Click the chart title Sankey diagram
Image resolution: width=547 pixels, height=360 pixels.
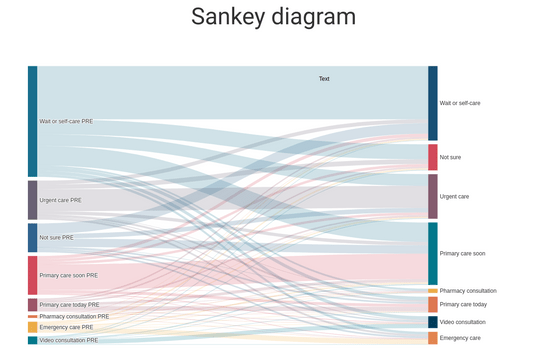[273, 17]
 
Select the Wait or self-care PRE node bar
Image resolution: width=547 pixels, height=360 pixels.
[33, 121]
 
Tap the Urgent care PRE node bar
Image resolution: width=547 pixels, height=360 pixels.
[33, 200]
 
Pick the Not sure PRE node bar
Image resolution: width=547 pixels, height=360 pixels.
[33, 237]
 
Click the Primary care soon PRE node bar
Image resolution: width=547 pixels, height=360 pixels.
[33, 275]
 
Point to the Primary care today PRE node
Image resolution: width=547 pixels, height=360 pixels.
[33, 305]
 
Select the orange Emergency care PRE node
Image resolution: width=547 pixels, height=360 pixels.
[33, 327]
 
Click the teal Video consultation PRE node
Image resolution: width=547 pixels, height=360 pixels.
[33, 340]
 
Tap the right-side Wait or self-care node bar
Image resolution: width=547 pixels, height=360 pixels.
[433, 103]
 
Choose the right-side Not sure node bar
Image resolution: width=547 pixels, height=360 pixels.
[433, 157]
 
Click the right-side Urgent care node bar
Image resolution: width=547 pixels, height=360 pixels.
[433, 196]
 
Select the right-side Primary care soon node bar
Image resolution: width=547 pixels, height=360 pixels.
[433, 253]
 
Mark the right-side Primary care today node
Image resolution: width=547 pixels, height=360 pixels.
[433, 304]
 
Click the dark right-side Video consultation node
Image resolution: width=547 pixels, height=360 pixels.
[433, 322]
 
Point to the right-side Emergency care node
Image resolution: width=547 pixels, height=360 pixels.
[433, 338]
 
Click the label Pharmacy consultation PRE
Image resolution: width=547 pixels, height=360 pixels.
[74, 316]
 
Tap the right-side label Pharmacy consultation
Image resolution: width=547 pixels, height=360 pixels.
[468, 291]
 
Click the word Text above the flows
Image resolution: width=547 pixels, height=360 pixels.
[324, 79]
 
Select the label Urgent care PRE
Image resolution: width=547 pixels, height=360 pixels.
[60, 200]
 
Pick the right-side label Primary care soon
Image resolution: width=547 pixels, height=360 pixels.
[462, 253]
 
